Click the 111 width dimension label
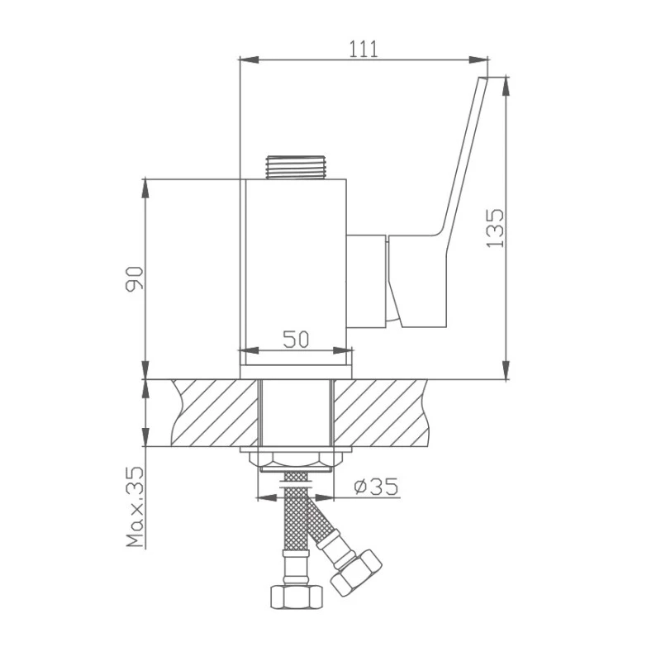(364, 49)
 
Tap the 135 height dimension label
(494, 228)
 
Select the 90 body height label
(135, 279)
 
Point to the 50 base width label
(296, 339)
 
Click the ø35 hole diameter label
(377, 487)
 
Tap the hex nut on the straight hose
(297, 597)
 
